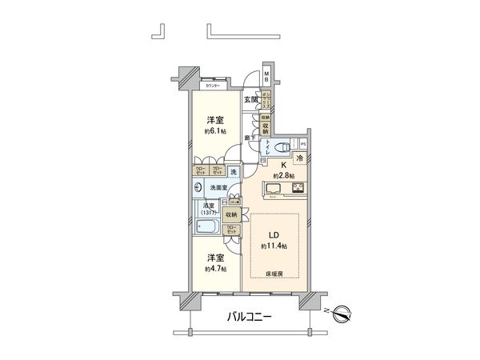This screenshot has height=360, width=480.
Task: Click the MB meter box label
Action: click(x=267, y=77)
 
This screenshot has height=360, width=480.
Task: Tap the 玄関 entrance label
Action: click(x=251, y=100)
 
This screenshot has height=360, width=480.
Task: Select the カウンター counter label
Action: click(x=213, y=86)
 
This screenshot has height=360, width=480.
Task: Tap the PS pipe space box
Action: click(x=303, y=145)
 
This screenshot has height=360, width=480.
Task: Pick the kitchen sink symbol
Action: click(x=270, y=190)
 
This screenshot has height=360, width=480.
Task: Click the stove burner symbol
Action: click(x=298, y=190)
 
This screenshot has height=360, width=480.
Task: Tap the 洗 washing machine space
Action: click(x=233, y=171)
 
